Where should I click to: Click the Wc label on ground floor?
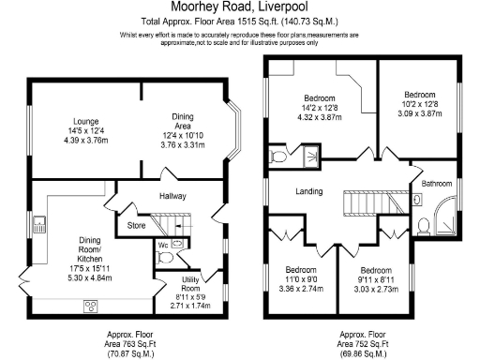pos(162,245)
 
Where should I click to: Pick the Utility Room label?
pos(190,283)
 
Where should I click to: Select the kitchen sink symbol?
pos(41,224)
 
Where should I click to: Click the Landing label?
pos(308,191)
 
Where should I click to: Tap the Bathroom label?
pos(436,184)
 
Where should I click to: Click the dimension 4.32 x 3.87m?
pos(319,118)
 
